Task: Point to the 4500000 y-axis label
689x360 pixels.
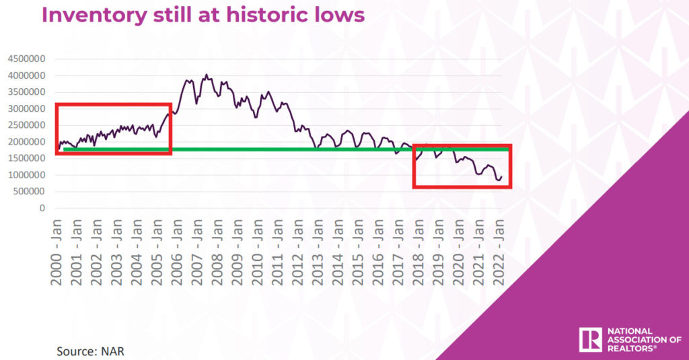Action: pos(26,59)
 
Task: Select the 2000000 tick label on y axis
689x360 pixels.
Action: pos(26,141)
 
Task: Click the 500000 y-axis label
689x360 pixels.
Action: pos(29,191)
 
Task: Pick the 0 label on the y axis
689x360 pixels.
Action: pos(42,208)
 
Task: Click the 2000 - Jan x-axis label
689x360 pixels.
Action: pos(57,252)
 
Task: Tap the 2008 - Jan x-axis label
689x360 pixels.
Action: pos(217,252)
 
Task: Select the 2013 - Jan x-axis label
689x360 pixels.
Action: pos(318,252)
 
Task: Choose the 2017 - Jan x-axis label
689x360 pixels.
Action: pos(398,252)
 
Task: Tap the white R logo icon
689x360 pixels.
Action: pos(590,340)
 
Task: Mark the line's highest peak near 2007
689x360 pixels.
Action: pos(206,75)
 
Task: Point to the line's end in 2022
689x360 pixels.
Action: pos(501,177)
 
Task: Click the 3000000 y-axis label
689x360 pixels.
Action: pos(26,108)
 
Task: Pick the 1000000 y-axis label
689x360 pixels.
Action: pos(26,175)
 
